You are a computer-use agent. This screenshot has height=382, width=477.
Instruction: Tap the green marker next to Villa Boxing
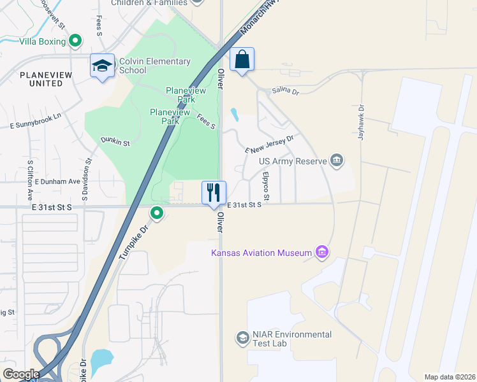[75, 41]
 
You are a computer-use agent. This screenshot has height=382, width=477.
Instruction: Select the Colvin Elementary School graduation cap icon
[102, 66]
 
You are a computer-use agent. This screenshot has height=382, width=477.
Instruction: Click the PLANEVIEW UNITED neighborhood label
[41, 79]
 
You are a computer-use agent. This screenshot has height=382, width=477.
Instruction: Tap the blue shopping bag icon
[242, 60]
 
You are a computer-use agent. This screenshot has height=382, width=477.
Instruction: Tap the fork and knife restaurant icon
[214, 192]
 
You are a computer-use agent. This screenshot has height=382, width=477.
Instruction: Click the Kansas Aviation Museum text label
[261, 253]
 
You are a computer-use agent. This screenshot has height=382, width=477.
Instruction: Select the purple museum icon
[322, 253]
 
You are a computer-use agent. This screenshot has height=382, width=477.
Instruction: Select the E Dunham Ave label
[57, 181]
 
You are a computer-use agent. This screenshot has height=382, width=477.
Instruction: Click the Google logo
[21, 374]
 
